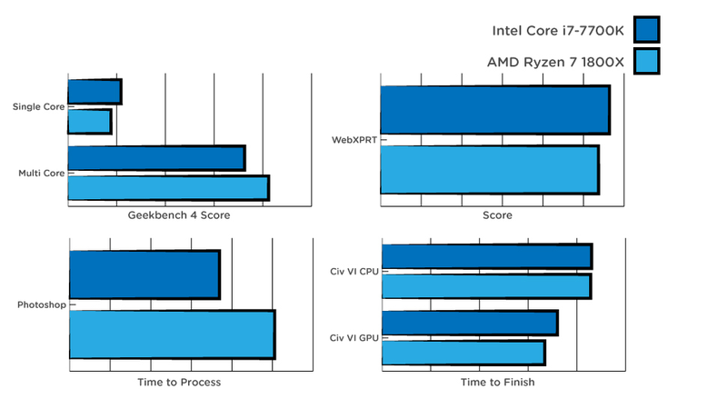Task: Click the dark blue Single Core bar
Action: coord(95,92)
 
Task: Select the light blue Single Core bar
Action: coord(89,122)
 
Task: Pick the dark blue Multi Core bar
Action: coord(156,158)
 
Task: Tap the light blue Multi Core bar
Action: coord(169,188)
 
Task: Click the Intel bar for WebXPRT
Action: coord(495,110)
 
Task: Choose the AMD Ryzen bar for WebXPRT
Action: coord(490,170)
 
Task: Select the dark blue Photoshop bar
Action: coord(144,274)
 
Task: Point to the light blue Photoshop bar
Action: coord(173,334)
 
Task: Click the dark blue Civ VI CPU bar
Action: coord(487,256)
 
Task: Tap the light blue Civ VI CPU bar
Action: coord(487,286)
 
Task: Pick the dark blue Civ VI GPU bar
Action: coord(470,323)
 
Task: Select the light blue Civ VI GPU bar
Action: coord(463,353)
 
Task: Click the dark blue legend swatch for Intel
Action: coord(646,30)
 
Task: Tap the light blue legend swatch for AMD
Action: coord(646,61)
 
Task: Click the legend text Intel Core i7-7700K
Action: coord(558,31)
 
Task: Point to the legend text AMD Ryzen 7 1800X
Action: coord(555,62)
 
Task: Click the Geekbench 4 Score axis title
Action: coord(179,215)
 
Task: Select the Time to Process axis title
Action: coord(179,382)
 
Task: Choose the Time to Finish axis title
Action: coord(497,382)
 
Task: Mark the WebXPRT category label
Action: coord(354,140)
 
